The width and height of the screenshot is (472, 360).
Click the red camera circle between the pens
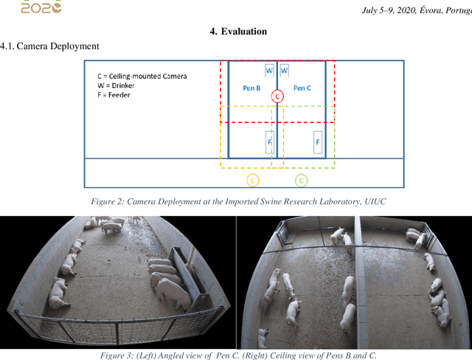277,96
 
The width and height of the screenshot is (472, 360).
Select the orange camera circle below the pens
252,180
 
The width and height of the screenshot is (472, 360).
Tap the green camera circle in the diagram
302,180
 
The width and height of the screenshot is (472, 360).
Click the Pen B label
251,88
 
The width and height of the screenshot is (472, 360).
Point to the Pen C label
302,88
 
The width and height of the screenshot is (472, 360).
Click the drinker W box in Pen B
269,71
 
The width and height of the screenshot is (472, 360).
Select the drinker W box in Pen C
285,71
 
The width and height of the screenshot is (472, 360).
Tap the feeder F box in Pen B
270,142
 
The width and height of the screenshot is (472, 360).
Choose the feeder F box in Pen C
318,142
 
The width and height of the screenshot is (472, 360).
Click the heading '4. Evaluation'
238,31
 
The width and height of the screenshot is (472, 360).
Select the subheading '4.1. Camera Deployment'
49,46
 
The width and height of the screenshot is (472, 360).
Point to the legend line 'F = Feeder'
114,95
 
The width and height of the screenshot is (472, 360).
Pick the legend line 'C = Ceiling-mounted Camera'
142,76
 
